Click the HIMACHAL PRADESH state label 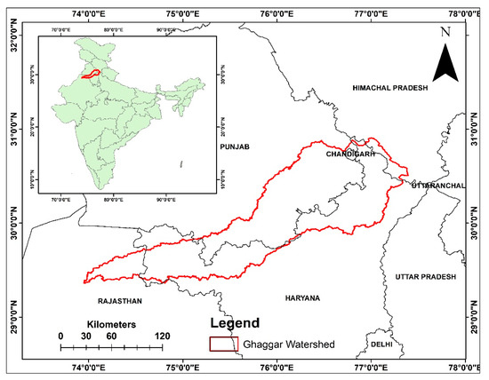(389, 89)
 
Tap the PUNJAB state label (236, 145)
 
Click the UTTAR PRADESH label (425, 278)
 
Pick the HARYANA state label (302, 297)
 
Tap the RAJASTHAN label (120, 301)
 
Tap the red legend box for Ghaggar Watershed (223, 345)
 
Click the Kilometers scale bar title (111, 325)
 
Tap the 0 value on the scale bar (60, 336)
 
